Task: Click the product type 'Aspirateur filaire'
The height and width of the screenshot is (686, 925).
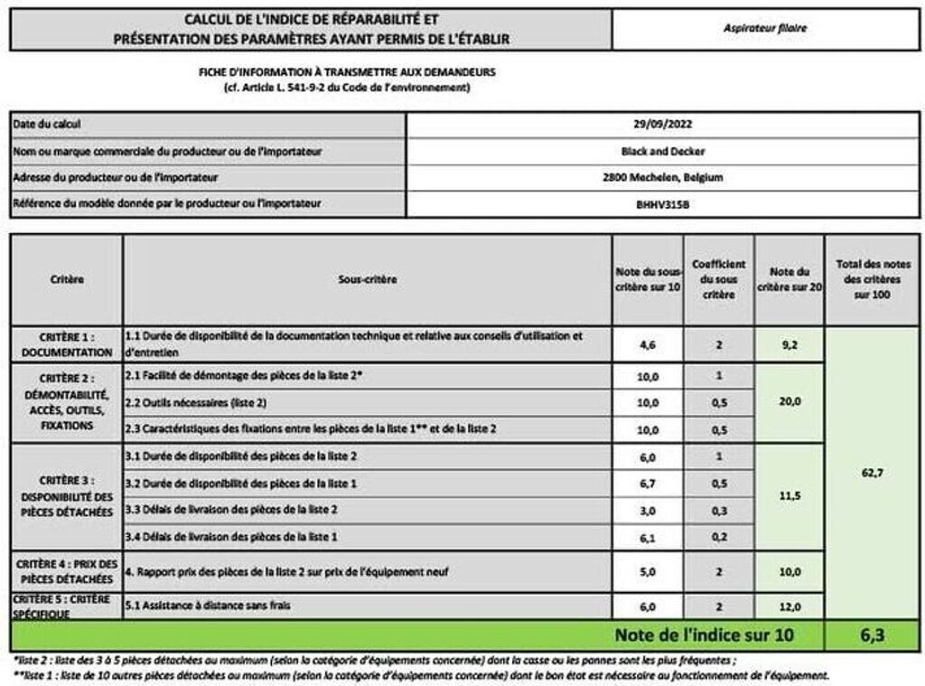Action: (764, 28)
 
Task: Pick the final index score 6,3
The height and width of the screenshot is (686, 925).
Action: (872, 635)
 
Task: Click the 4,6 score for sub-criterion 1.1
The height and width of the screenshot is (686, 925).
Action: (646, 343)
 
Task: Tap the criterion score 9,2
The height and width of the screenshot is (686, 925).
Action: (789, 343)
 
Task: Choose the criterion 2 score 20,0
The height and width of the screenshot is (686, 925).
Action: (789, 402)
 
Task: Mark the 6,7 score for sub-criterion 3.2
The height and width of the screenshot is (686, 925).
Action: (646, 484)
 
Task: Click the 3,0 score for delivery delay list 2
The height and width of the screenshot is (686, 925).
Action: (646, 510)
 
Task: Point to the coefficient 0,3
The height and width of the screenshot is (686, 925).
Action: (718, 510)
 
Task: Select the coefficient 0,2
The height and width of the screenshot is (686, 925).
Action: (718, 537)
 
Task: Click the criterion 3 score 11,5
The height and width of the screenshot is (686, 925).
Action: (789, 496)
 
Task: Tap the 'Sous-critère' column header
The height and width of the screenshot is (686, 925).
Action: (367, 280)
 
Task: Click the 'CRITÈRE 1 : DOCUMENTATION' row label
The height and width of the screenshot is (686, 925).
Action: (67, 343)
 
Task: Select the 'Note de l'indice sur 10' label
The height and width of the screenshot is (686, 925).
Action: (704, 635)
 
